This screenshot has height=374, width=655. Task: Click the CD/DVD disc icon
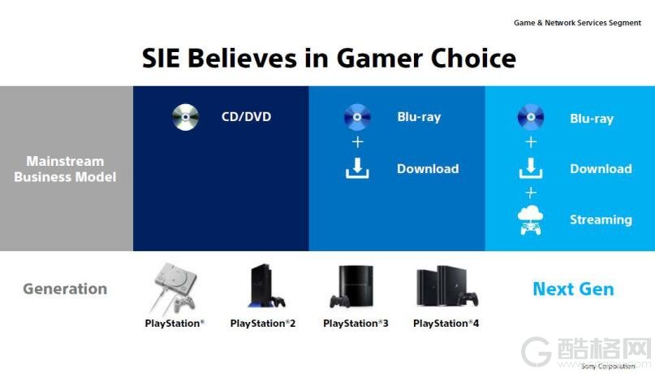[186, 117]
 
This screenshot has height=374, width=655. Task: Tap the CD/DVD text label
[246, 116]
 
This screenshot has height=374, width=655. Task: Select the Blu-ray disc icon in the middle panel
[357, 117]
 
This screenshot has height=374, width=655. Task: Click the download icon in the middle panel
[357, 168]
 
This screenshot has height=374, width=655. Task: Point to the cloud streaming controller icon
[531, 220]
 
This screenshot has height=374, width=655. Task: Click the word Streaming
[601, 220]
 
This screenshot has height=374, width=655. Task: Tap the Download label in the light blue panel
[601, 168]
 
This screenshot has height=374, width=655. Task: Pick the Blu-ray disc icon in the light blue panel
[531, 117]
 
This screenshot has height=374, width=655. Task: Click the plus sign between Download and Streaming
[531, 193]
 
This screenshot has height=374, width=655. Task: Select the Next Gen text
[573, 289]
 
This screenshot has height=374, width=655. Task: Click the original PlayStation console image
[175, 289]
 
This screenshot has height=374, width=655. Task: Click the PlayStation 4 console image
[447, 286]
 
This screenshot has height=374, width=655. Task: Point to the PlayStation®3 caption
[356, 324]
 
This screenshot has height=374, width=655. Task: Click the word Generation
[65, 289]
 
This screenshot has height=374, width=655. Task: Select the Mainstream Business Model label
[65, 169]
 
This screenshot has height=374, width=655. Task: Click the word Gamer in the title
[379, 58]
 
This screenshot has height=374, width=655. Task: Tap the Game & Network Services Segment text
[577, 23]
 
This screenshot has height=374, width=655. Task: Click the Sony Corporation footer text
[608, 366]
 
